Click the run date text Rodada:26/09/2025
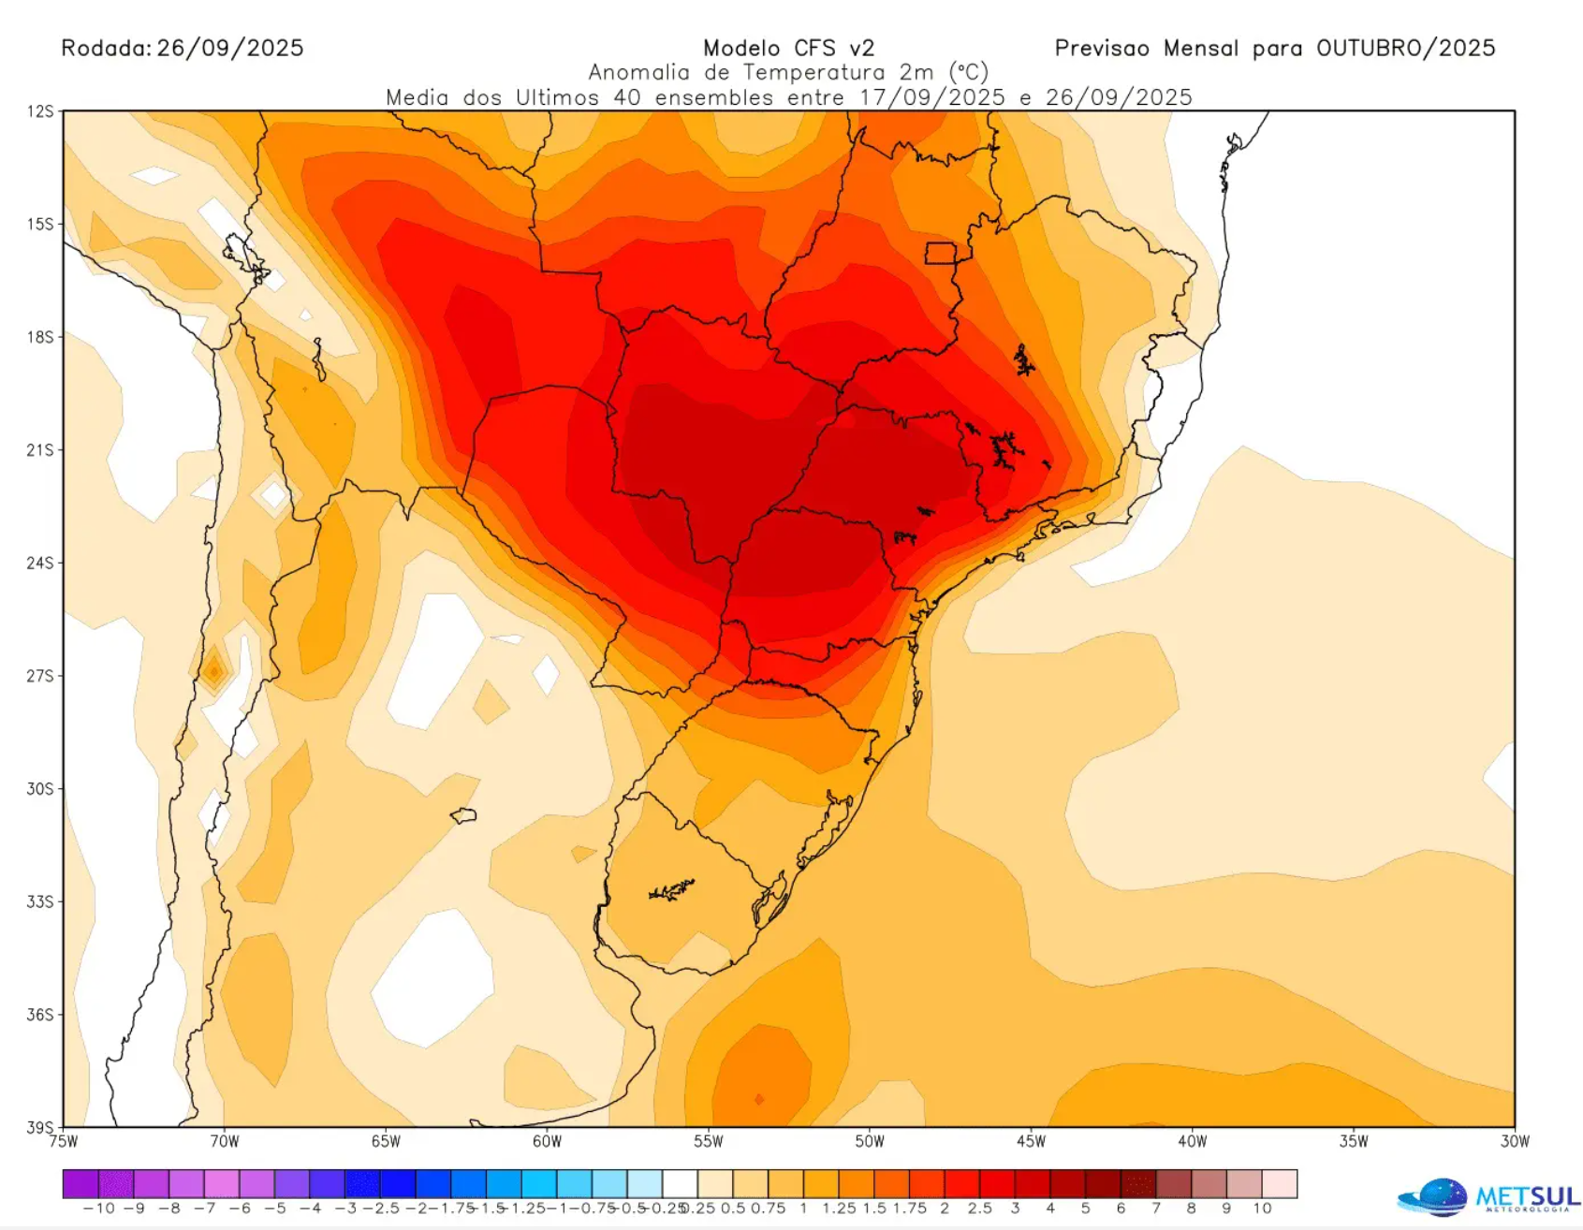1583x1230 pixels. point(183,48)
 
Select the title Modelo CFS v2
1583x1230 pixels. point(788,48)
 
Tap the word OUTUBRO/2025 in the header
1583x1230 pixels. point(1405,48)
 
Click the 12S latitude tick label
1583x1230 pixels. point(40,111)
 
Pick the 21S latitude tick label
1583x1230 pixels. point(40,450)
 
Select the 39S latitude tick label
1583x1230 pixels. point(40,1127)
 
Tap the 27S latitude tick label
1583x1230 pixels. point(40,676)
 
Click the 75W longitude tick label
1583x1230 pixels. point(64,1142)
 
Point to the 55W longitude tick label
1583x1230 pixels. point(709,1142)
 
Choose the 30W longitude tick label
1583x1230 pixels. point(1515,1142)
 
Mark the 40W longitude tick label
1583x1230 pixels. point(1192,1142)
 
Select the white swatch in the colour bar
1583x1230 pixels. point(681,1184)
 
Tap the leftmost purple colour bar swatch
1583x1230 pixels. point(81,1184)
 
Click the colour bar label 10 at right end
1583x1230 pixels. point(1262,1208)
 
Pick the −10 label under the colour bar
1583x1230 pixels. point(98,1208)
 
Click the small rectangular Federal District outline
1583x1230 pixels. point(941,253)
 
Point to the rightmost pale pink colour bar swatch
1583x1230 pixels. point(1280,1184)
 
